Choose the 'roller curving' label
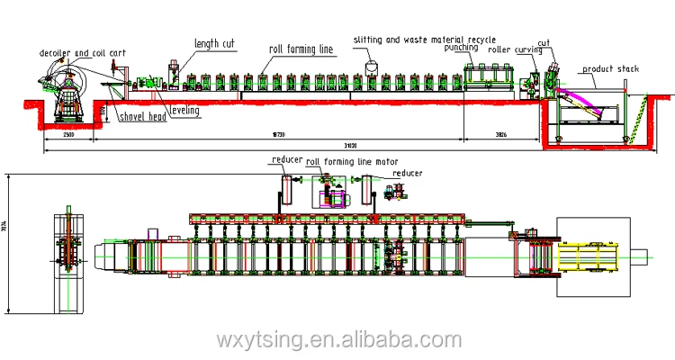tap(509, 50)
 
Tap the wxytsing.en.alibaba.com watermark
tap(337, 339)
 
